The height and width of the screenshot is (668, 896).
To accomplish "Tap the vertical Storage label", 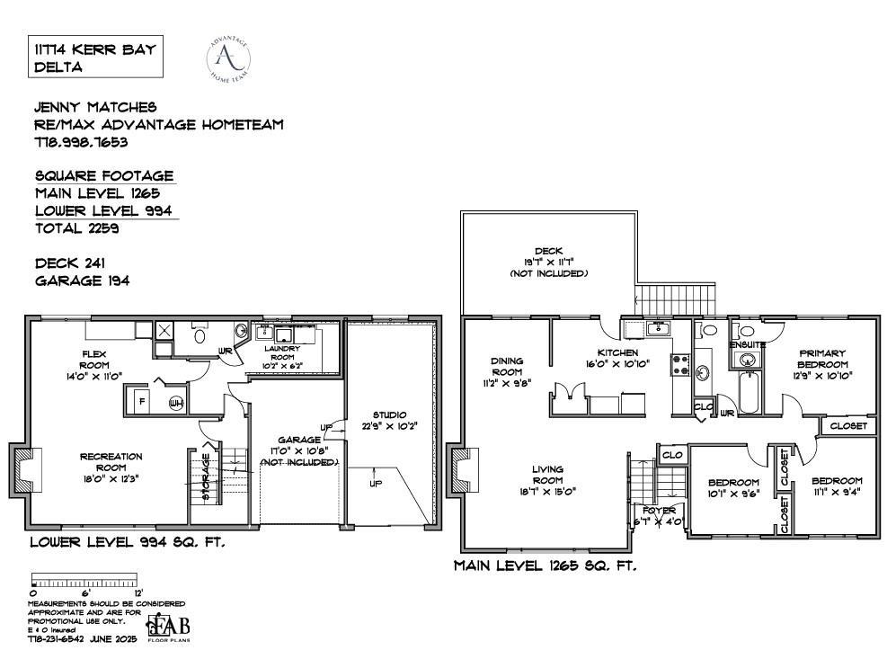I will (x=206, y=480).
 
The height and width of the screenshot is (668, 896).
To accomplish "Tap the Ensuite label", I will (x=748, y=344).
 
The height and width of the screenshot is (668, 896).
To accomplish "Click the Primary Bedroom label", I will (x=822, y=359).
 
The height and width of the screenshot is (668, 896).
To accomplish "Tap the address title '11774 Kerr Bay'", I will (x=94, y=49).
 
